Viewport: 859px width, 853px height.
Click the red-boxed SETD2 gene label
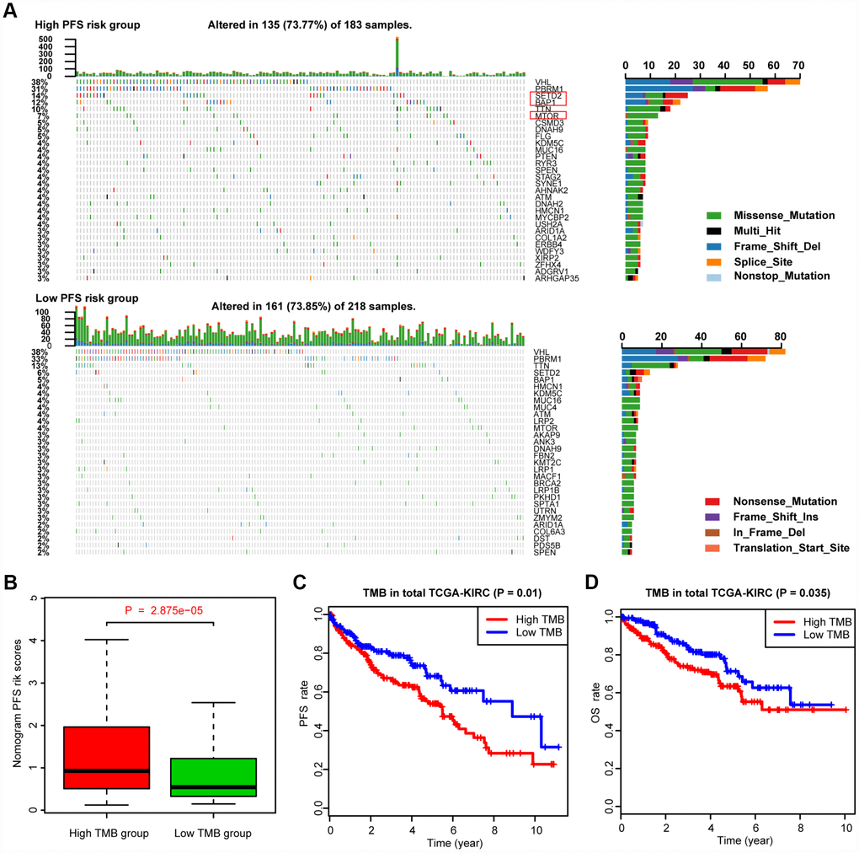(x=547, y=96)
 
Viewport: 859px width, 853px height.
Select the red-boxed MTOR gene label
(x=547, y=115)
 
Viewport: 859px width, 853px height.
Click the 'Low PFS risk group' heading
(x=86, y=298)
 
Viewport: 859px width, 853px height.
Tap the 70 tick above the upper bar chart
(x=798, y=64)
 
